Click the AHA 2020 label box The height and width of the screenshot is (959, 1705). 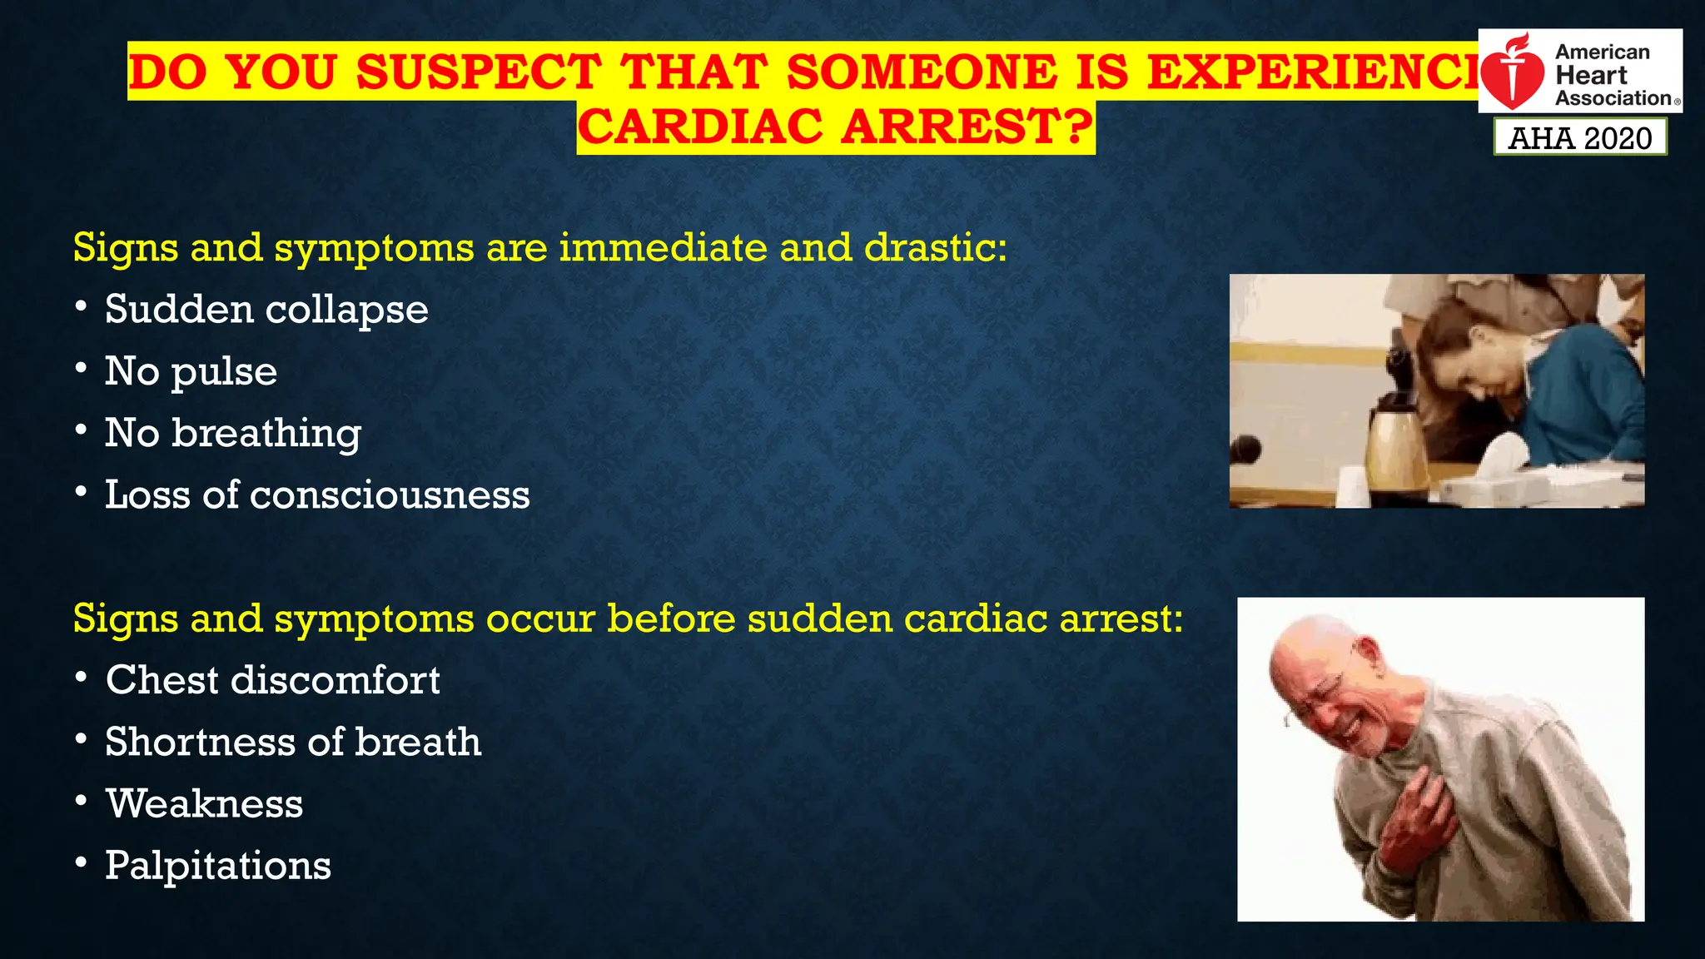point(1579,137)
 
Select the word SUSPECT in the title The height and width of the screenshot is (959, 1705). point(479,72)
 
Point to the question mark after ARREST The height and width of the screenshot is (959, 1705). point(1077,127)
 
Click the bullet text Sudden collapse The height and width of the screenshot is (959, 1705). point(266,310)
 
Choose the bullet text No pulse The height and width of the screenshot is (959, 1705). point(191,371)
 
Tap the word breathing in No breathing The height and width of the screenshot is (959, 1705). point(266,434)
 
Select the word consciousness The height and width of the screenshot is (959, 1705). point(390,495)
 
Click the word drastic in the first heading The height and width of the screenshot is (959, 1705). point(934,248)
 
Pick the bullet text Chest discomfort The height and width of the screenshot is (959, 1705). point(272,680)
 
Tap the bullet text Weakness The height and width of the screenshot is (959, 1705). point(204,804)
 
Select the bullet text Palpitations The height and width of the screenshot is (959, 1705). point(218,866)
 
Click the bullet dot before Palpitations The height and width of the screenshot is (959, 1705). point(81,862)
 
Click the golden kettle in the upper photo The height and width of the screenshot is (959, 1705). point(1398,445)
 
